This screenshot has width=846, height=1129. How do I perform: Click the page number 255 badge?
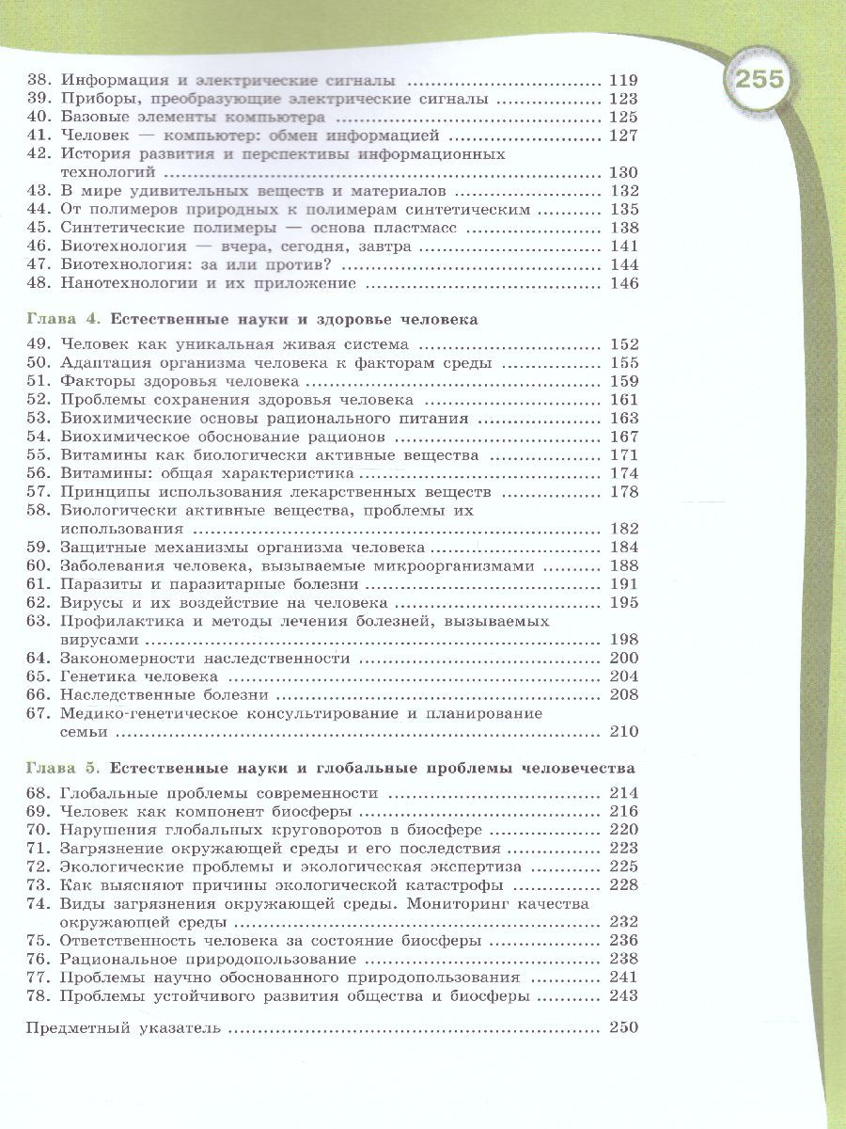tap(760, 79)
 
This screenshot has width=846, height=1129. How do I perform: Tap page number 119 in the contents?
tap(623, 80)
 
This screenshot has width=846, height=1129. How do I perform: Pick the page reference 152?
tap(623, 345)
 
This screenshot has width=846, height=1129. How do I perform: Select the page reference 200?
tap(623, 658)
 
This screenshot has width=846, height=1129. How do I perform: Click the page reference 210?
tap(623, 731)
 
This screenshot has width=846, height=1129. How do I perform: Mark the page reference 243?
tap(623, 995)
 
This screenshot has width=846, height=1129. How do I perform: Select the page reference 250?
tap(623, 1026)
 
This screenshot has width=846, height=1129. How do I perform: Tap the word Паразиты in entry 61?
tap(96, 583)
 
